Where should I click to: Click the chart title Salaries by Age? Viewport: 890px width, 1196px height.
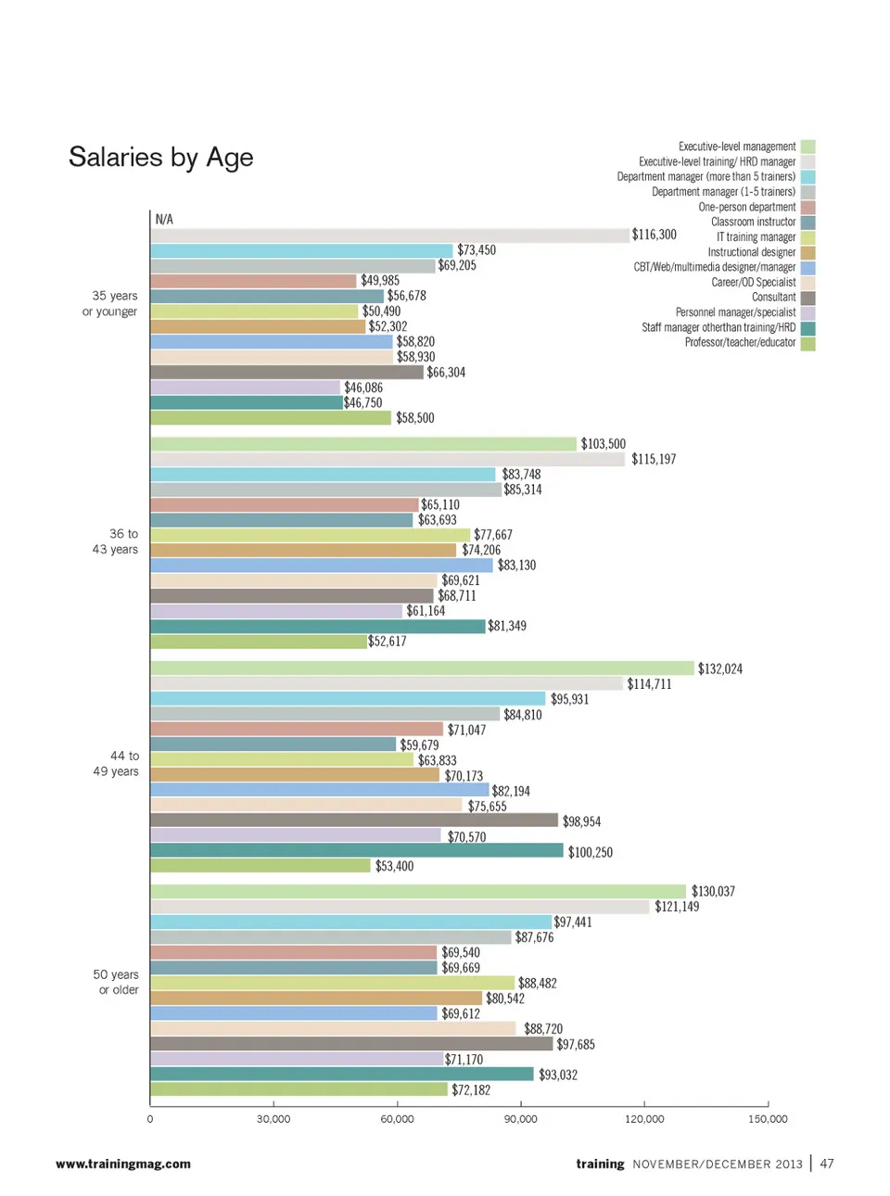click(160, 158)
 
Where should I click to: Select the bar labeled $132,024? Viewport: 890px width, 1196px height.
click(422, 668)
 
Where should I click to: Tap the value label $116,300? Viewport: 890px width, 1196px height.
click(654, 235)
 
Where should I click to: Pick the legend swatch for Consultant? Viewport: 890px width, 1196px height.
click(807, 298)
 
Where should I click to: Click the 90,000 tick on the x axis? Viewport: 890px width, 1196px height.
click(520, 1119)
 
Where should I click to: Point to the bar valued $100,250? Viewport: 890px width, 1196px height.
click(357, 851)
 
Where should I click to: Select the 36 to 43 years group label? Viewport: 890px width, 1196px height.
click(115, 541)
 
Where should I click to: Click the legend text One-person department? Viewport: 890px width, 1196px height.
click(746, 207)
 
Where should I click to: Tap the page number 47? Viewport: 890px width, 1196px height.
click(827, 1164)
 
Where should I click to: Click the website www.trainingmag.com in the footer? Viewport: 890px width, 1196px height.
click(123, 1164)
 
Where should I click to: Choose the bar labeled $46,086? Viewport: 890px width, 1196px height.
click(246, 388)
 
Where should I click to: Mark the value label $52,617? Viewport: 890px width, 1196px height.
click(388, 642)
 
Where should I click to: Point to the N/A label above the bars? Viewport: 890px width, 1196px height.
click(164, 220)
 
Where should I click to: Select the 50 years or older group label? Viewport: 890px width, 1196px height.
click(116, 982)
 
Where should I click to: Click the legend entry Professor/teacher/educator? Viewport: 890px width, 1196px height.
click(740, 342)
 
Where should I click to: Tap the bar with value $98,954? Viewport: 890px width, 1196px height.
click(354, 821)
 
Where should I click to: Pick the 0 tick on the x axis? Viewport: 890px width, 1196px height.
click(150, 1119)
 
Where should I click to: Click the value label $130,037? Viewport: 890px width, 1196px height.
click(713, 892)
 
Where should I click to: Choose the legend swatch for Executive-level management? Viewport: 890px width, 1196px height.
click(807, 146)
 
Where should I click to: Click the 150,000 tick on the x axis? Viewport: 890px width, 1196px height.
click(768, 1119)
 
